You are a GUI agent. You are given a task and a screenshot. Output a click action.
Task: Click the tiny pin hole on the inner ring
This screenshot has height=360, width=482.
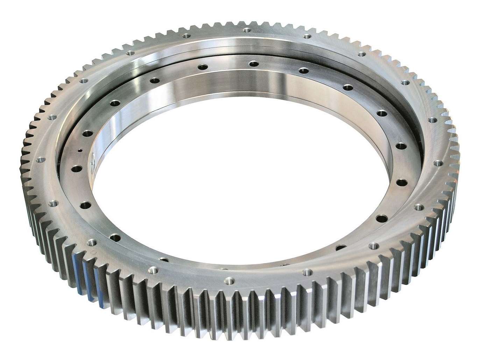pyautogui.click(x=80, y=151)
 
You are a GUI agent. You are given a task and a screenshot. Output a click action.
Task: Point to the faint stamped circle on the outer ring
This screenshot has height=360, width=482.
pyautogui.click(x=94, y=251)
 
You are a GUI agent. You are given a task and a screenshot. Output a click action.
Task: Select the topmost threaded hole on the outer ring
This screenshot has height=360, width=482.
pyautogui.click(x=246, y=31)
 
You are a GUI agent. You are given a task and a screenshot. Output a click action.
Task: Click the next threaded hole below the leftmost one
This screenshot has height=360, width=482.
pyautogui.click(x=54, y=203)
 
